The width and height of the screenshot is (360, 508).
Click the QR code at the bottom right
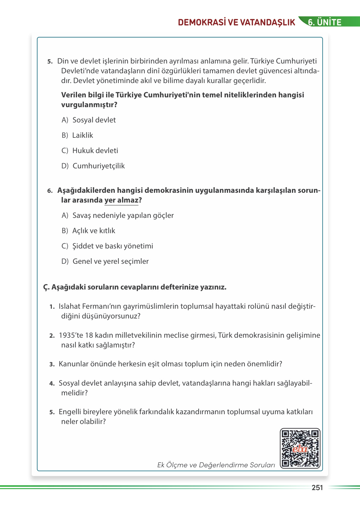click(300, 448)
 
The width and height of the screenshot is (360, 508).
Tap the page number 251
click(317, 487)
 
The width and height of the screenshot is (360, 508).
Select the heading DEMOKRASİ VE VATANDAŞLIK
click(236, 22)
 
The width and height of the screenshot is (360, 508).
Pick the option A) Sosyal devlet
click(89, 120)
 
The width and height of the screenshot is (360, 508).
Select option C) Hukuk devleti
click(90, 150)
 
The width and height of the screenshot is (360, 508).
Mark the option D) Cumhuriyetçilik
click(93, 166)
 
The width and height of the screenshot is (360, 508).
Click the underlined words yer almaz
click(121, 200)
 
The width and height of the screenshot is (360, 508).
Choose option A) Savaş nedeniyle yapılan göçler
click(118, 215)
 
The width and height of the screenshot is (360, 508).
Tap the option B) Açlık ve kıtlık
click(89, 231)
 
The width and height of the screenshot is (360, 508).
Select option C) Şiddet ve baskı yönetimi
click(107, 246)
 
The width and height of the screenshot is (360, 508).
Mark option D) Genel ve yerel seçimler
click(105, 261)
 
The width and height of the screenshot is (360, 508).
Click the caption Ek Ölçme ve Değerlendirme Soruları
click(216, 465)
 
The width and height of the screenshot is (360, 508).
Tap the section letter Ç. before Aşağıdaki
click(47, 287)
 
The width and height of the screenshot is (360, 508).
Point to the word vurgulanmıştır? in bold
click(89, 105)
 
